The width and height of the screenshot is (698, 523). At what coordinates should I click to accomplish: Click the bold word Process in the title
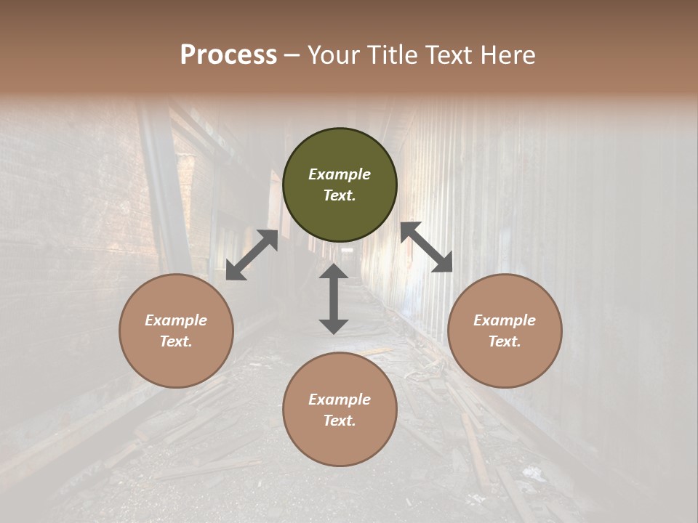point(228,55)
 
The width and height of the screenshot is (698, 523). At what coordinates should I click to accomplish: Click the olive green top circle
point(340,185)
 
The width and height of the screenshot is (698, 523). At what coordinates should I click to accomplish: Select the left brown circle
point(176,331)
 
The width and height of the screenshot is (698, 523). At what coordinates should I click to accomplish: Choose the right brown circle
point(505,331)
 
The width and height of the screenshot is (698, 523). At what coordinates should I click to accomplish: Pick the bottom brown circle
point(340,410)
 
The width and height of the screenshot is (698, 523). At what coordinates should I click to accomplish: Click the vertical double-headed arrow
point(334,299)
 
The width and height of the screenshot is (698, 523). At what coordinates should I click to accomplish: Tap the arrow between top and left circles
point(252,255)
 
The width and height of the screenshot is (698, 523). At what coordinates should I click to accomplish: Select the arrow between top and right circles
point(426,247)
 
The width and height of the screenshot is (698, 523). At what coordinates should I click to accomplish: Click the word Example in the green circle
point(340,174)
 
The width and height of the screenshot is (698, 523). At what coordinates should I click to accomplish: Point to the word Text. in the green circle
point(340,195)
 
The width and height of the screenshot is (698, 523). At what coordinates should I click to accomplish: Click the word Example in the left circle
point(176,320)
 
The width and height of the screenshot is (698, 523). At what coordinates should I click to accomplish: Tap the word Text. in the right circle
point(505,341)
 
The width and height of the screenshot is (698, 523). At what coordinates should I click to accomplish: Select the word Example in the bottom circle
point(340,400)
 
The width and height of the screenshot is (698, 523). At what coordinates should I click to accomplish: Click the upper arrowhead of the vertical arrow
point(334,272)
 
